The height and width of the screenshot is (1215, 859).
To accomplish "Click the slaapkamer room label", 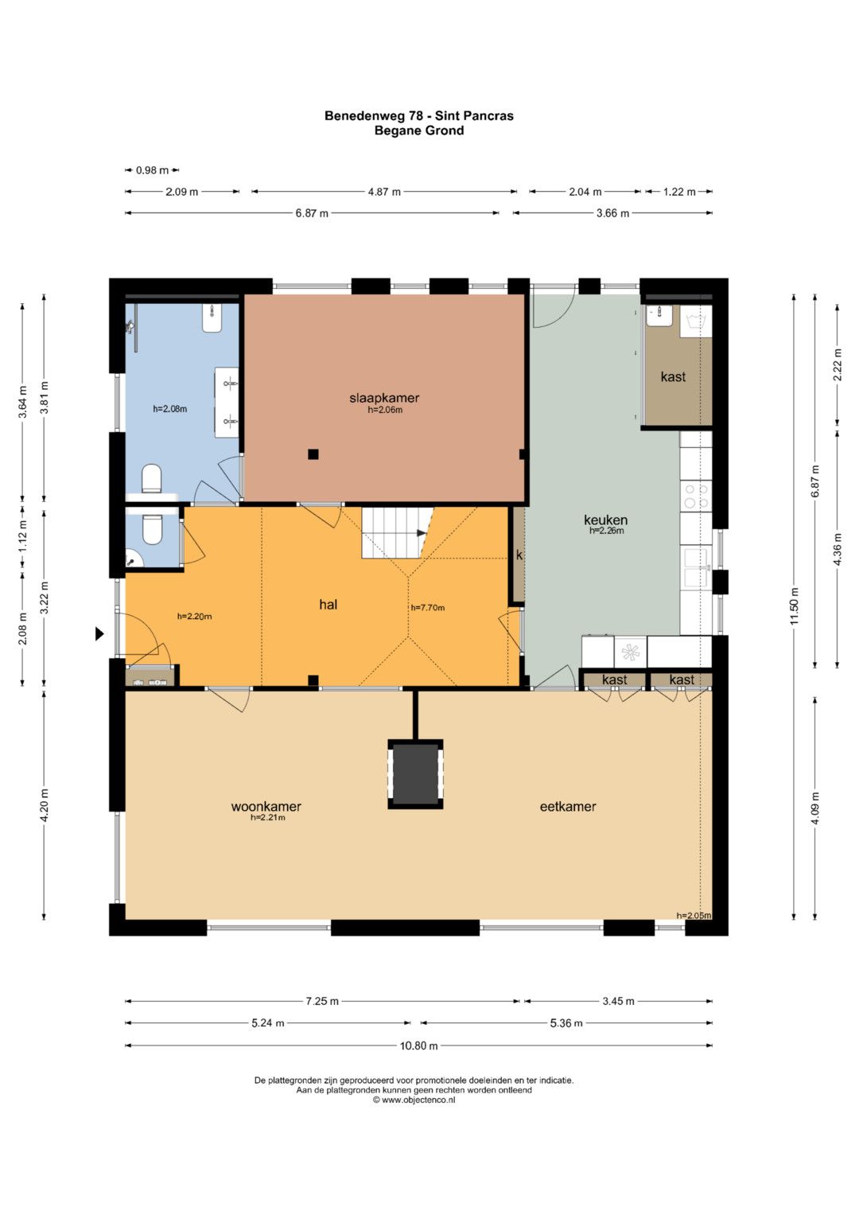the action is (384, 398).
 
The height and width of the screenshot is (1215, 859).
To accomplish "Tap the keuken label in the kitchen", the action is (606, 520).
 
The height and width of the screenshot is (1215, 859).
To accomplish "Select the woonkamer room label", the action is (266, 807).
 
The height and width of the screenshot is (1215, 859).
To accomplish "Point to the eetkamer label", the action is (568, 807).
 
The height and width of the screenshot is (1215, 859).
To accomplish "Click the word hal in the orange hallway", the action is (328, 604).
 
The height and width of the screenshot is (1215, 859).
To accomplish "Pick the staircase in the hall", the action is (398, 532).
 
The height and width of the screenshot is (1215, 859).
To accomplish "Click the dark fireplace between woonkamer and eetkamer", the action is (415, 774).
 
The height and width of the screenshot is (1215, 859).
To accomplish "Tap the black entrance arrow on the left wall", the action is (99, 633).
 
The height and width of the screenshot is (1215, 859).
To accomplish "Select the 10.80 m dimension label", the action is (418, 1046).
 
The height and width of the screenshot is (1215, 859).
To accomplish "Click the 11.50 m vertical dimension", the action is (795, 606).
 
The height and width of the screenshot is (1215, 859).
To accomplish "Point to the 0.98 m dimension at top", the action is (152, 170).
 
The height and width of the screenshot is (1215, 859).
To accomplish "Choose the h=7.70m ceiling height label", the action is (427, 608).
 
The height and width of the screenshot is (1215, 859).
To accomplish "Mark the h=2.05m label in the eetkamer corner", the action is (694, 916).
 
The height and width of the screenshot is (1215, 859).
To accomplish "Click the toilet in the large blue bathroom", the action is (152, 479).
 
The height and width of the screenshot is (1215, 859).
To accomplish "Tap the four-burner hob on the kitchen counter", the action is (697, 496).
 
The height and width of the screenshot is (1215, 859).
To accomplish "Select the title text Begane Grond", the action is (419, 130).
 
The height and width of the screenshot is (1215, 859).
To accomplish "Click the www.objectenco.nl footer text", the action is (414, 1100).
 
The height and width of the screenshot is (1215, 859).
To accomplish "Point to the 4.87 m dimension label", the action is (384, 192).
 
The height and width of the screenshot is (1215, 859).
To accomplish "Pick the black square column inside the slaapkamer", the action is (313, 454).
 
